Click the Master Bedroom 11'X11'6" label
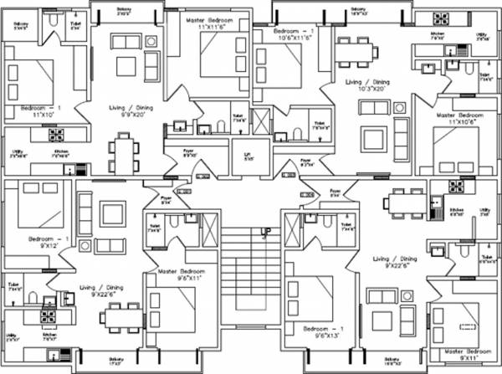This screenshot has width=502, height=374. (x=208, y=22)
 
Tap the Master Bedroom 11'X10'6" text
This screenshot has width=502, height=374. (x=458, y=118)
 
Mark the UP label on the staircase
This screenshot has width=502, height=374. (x=266, y=230)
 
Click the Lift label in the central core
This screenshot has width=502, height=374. (x=247, y=156)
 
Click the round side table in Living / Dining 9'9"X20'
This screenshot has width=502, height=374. (x=151, y=42)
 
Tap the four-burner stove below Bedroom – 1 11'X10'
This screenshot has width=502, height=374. (x=56, y=134)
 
